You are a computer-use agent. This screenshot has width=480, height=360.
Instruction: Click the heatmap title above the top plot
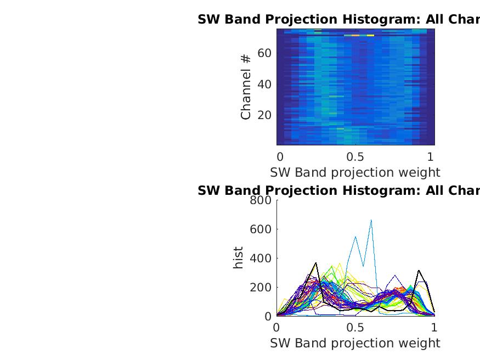[x=338, y=19]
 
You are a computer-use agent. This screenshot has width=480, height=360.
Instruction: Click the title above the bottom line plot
[x=338, y=190]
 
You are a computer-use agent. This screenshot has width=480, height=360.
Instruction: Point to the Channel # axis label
[x=246, y=86]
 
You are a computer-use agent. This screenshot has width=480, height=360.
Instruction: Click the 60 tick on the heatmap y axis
[x=265, y=53]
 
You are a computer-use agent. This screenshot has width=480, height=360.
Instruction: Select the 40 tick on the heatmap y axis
[x=265, y=84]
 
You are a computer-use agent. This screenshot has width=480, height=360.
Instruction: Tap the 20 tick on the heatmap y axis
[x=265, y=115]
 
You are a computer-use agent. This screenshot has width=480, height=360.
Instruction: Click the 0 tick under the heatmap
[x=280, y=156]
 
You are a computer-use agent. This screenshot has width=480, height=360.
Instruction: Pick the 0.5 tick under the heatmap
[x=355, y=156]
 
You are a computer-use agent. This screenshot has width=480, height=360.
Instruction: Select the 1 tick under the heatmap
[x=431, y=156]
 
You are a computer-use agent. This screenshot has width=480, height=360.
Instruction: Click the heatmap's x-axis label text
[x=355, y=172]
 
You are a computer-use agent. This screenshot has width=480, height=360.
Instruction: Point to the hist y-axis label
[x=238, y=258]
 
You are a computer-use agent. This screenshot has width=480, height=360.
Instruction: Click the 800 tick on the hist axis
[x=261, y=200]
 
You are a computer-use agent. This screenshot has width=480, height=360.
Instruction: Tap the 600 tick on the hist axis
[x=261, y=229]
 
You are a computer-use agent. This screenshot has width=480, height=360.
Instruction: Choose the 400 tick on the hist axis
[x=261, y=258]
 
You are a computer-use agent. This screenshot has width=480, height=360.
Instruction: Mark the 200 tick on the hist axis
[x=261, y=287]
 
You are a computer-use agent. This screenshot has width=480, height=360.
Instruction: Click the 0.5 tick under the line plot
[x=355, y=327]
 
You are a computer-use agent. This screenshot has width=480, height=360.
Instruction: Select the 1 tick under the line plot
[x=434, y=327]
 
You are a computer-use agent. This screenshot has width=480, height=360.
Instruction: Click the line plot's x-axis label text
[x=355, y=343]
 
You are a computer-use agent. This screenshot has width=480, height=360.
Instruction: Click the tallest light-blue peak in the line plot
[x=371, y=221]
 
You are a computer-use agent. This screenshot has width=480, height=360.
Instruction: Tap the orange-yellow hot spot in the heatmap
[x=355, y=35]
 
